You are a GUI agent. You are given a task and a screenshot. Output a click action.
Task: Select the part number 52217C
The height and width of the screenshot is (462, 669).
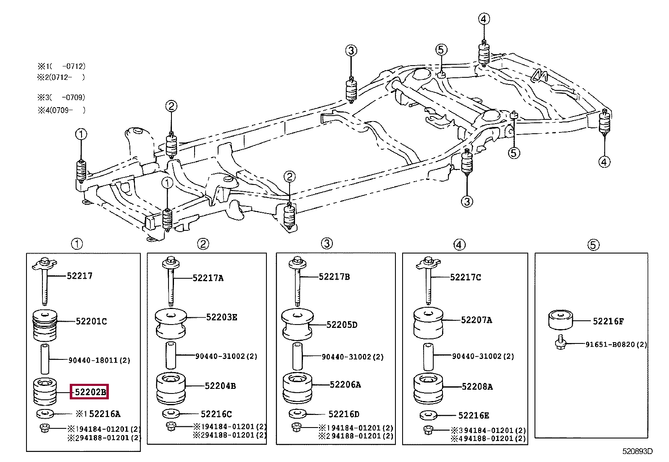pos(465,277)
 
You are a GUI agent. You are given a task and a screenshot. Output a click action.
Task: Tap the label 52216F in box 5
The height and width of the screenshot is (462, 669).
pos(608,321)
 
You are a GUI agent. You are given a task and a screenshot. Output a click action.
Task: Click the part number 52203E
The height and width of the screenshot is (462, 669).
pos(221,317)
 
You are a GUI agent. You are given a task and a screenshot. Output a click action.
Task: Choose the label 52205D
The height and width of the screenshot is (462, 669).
pos(342,325)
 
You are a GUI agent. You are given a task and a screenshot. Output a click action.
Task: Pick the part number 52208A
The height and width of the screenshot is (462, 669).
pos(477,387)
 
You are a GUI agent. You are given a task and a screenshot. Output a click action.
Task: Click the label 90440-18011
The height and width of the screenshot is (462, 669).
pos(93,360)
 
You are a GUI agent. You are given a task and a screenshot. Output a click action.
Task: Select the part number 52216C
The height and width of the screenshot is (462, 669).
pos(216,414)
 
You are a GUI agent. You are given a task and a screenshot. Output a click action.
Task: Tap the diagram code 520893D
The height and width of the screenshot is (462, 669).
pos(637,451)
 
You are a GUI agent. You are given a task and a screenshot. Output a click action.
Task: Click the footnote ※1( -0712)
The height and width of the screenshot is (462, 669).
pos(61,66)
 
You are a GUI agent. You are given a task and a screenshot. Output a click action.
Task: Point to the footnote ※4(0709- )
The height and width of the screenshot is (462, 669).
pos(61,110)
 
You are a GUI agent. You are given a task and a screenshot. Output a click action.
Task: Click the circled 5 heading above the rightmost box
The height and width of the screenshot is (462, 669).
pos(593,245)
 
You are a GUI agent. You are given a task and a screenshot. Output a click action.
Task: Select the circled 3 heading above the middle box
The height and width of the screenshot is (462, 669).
pos(327,243)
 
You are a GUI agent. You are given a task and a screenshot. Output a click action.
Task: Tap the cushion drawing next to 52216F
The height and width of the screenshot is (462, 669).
pos(560,320)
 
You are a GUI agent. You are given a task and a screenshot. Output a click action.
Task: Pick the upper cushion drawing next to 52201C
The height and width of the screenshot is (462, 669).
pos(45,325)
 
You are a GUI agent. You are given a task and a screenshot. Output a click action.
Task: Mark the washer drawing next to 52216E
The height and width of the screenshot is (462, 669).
pos(428,415)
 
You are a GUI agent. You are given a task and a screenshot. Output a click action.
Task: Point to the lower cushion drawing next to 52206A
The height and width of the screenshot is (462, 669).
pos(297,388)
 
